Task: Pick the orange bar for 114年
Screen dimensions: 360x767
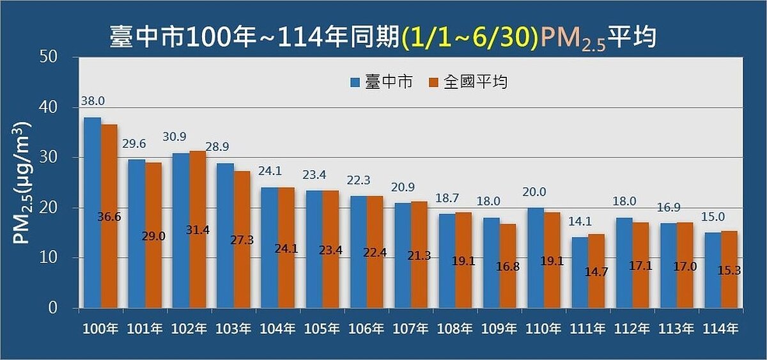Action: click(x=729, y=269)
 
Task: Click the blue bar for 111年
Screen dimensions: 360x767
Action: click(x=580, y=272)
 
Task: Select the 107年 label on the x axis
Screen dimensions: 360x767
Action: click(x=411, y=329)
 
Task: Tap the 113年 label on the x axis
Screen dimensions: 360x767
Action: click(x=677, y=329)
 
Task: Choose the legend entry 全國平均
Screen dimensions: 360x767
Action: click(x=468, y=82)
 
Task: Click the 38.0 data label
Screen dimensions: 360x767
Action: click(x=93, y=102)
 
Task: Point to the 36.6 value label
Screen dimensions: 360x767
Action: click(x=110, y=217)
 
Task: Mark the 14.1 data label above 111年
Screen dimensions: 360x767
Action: click(x=580, y=223)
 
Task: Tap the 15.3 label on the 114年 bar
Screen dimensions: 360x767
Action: click(x=729, y=270)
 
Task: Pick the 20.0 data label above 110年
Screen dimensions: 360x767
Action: click(x=536, y=192)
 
